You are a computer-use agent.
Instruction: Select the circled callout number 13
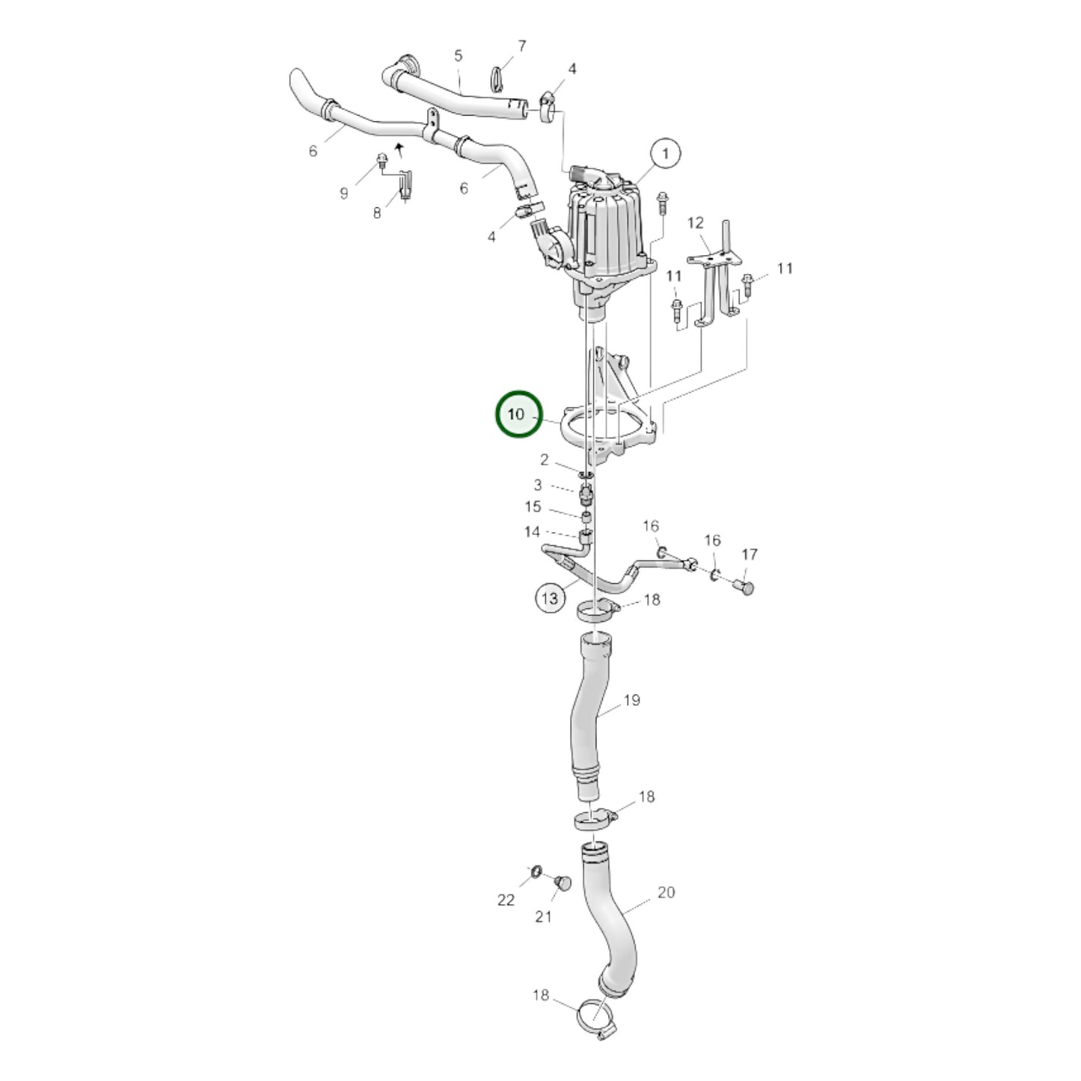[x=550, y=598]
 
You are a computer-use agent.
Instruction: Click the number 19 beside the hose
[x=631, y=700]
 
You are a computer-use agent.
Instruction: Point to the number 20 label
[x=666, y=892]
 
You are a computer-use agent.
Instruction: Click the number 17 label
[x=750, y=554]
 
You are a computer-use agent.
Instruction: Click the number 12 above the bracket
[x=695, y=222]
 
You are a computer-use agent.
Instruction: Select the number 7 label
[x=521, y=46]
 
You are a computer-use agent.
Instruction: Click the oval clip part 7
[x=499, y=76]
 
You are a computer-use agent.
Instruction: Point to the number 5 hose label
[x=459, y=55]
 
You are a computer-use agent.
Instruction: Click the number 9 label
[x=343, y=194]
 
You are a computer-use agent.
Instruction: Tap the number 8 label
[x=377, y=213]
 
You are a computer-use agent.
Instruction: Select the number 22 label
[x=506, y=899]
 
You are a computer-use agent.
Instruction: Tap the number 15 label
[x=532, y=507]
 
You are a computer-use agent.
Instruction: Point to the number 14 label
[x=532, y=532]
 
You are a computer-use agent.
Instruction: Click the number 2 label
[x=545, y=460]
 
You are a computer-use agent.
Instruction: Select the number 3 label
[x=537, y=485]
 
